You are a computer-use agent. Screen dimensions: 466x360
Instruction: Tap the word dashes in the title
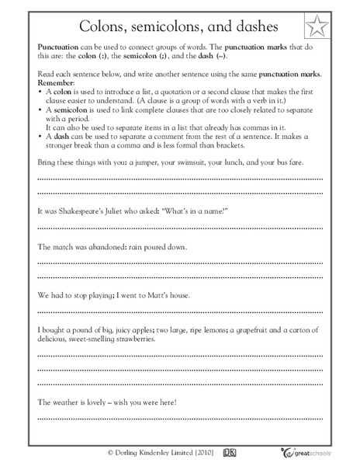coord(249,28)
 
